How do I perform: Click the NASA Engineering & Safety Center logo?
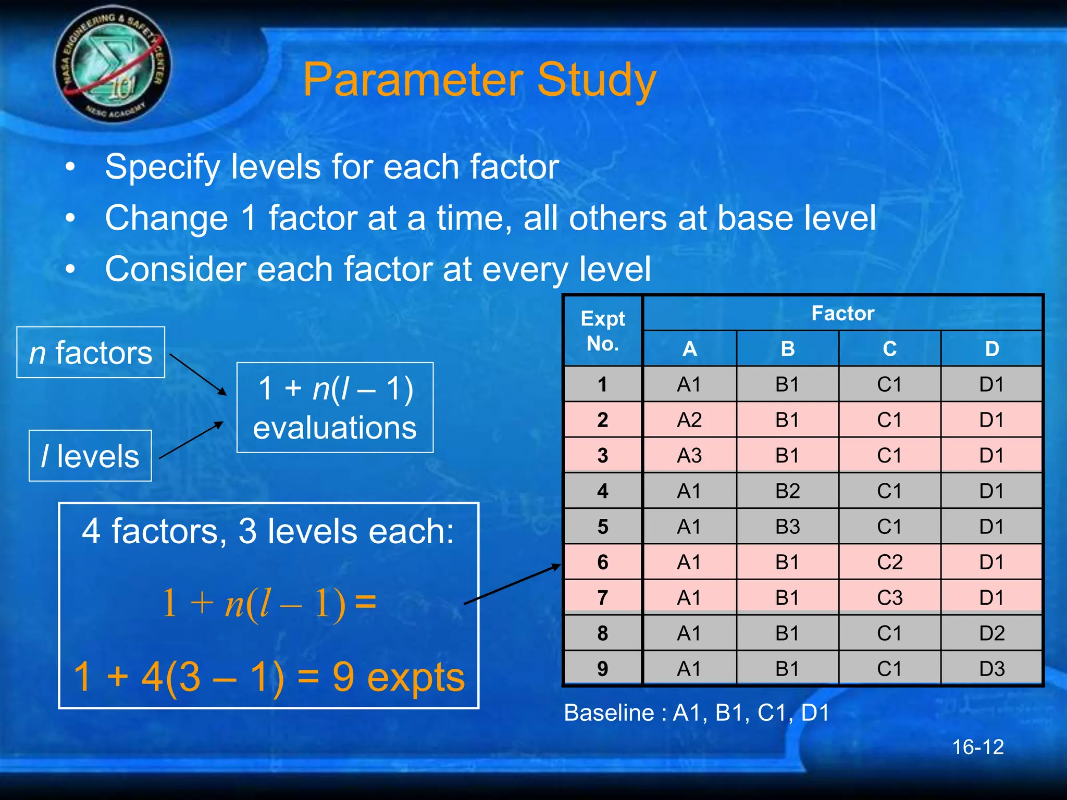[112, 65]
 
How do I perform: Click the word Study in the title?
[596, 81]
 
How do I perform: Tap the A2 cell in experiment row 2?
[689, 420]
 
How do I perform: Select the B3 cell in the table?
[787, 527]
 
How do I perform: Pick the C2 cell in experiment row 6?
[889, 562]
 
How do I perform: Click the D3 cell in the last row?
[991, 669]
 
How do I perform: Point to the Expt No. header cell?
[603, 331]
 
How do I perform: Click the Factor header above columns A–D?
[842, 314]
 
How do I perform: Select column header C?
[889, 349]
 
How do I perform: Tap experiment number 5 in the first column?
[603, 527]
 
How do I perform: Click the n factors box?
[91, 353]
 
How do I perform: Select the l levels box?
[90, 456]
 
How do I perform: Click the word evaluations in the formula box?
[335, 428]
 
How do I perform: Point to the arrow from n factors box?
[198, 374]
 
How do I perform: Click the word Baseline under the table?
[609, 713]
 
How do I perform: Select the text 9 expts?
[398, 678]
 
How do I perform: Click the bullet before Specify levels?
[70, 168]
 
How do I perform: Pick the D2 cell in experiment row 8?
[991, 633]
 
